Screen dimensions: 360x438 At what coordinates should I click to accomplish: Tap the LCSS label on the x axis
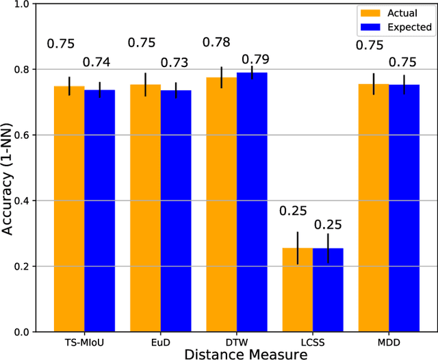[x=313, y=340]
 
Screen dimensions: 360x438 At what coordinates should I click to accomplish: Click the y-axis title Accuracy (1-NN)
[x=8, y=168]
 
